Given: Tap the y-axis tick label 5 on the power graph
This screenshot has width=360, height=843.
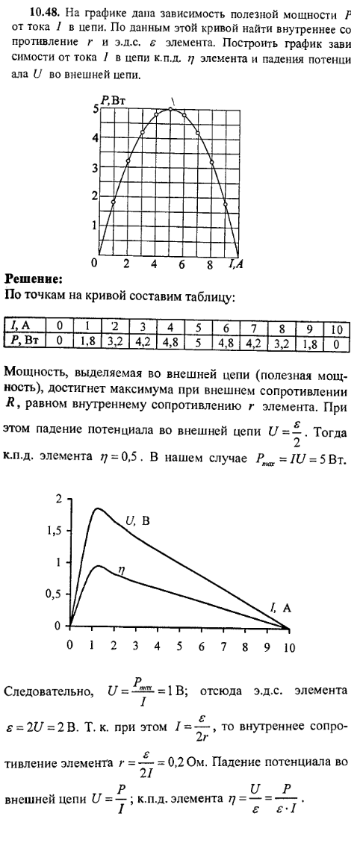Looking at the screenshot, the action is point(96,109).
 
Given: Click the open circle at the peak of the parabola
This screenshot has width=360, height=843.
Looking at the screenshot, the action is point(170,109).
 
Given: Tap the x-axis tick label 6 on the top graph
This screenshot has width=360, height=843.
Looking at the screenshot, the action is point(181,264).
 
